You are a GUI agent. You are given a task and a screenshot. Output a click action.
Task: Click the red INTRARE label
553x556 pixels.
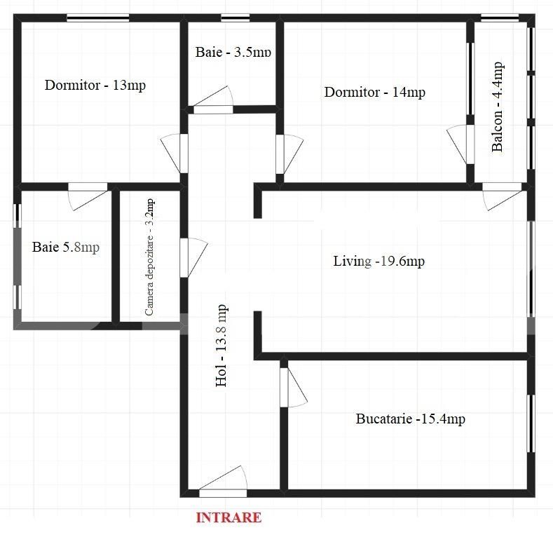(x=228, y=518)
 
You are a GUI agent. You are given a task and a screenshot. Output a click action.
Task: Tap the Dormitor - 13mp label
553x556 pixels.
(x=95, y=86)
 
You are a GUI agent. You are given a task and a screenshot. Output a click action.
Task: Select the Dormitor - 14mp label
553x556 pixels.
(x=374, y=92)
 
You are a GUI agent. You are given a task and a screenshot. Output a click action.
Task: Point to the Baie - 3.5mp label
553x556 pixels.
(x=233, y=52)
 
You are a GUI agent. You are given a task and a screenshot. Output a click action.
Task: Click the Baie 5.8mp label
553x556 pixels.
(x=66, y=247)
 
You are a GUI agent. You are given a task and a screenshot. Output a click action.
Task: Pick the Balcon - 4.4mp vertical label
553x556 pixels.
(x=498, y=107)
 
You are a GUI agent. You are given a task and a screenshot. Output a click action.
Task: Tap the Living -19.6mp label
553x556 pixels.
(x=378, y=262)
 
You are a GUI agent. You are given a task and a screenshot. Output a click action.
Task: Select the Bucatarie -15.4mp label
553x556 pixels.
(x=410, y=419)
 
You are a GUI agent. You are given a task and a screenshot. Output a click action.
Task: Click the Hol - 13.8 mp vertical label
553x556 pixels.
(x=221, y=345)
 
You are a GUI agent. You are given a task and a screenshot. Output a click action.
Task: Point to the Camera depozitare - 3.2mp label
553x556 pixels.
(x=150, y=257)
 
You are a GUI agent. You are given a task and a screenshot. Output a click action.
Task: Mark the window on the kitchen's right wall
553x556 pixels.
(x=531, y=423)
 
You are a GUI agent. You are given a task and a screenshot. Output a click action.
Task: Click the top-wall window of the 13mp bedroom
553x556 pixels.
(x=97, y=19)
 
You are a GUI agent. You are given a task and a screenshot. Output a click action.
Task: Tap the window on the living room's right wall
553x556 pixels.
(x=531, y=267)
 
